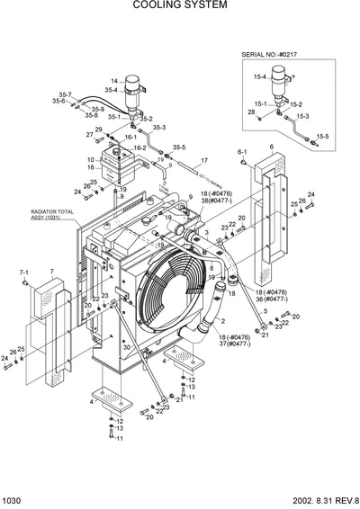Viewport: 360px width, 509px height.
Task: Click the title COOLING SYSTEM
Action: (180, 5)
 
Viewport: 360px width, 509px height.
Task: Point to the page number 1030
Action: (14, 501)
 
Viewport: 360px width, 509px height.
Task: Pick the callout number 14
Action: (114, 81)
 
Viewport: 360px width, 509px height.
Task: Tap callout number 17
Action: (204, 159)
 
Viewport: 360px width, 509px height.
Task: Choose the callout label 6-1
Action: (242, 153)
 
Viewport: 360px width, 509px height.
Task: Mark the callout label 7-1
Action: (24, 271)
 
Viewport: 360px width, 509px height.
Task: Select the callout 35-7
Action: (65, 94)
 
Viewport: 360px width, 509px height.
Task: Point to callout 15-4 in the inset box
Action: (259, 76)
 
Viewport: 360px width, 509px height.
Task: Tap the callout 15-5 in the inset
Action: (322, 135)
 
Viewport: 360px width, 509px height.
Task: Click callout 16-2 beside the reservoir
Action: (139, 147)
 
